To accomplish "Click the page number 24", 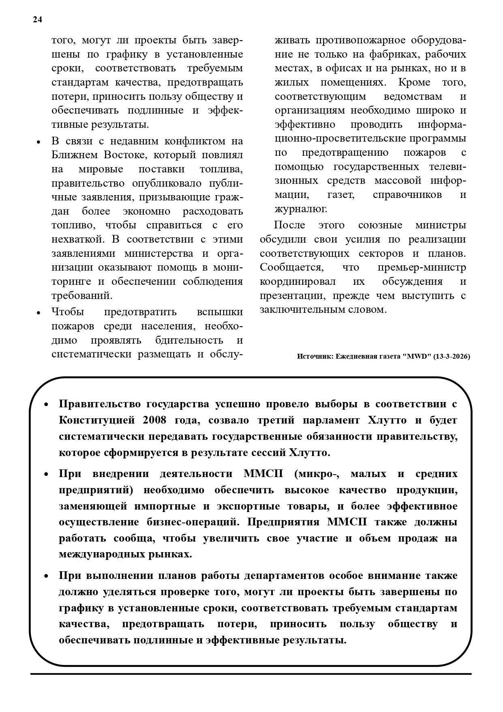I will coord(37,20).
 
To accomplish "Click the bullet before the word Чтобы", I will coord(39,313).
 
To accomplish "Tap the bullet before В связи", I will coord(39,142).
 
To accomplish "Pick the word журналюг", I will coord(301,209).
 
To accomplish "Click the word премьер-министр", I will coord(422,267).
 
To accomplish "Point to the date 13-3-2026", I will coord(452,357).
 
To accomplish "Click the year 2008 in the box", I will coord(154,420).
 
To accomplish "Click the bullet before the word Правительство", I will coord(46,405).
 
